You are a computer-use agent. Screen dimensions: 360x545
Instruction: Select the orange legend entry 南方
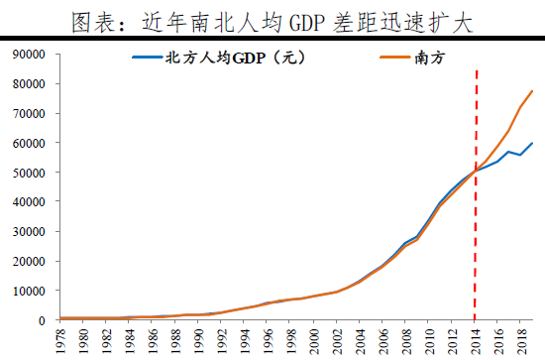tap(433, 60)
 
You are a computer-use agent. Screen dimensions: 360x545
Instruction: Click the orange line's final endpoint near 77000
tap(533, 91)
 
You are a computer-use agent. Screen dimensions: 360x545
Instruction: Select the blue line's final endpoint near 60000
tap(533, 143)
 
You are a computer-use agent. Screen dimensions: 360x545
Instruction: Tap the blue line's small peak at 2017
tap(510, 152)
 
